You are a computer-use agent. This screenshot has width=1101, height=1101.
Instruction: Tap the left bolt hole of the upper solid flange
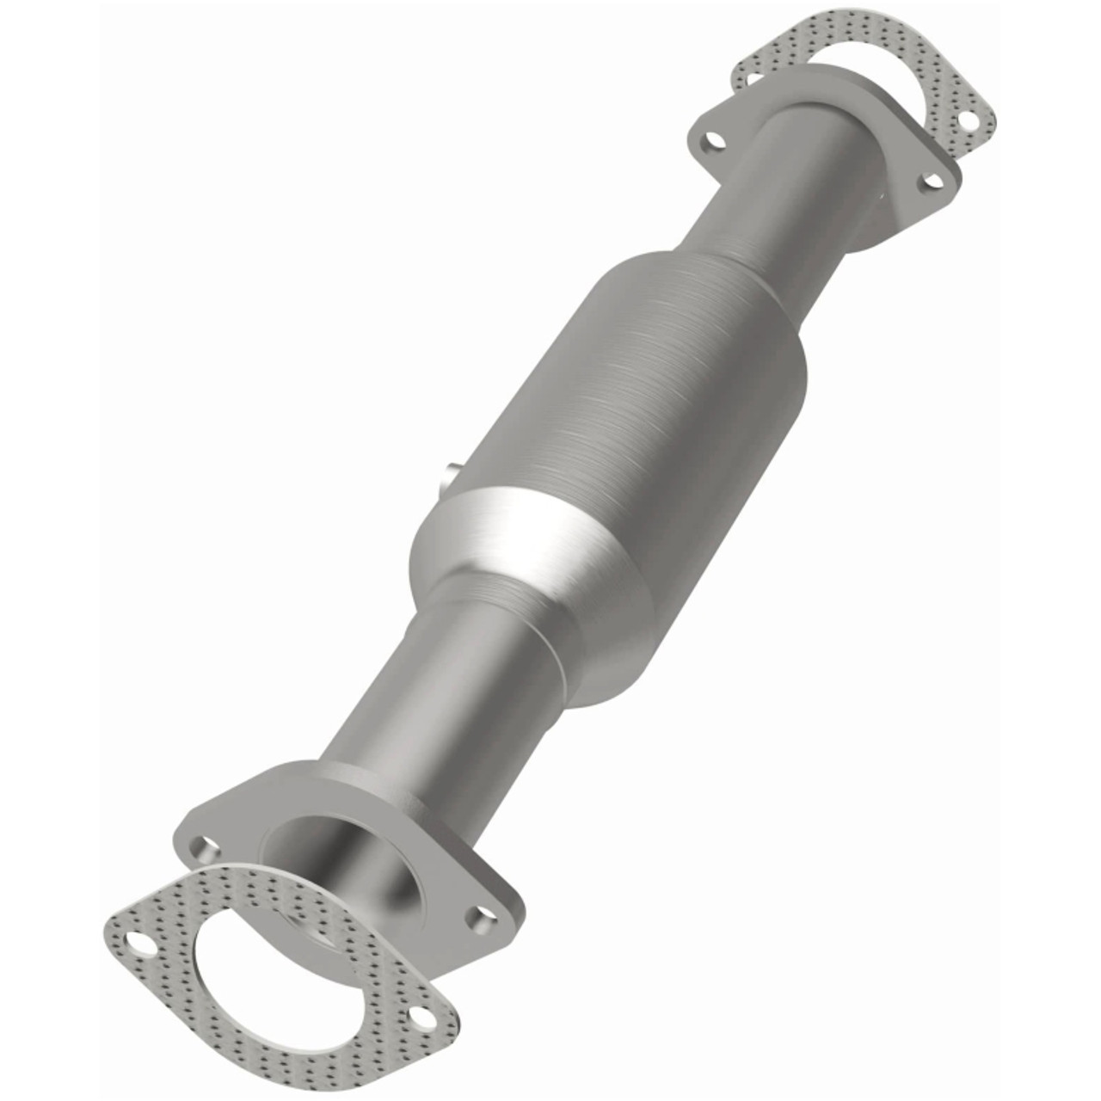(x=711, y=139)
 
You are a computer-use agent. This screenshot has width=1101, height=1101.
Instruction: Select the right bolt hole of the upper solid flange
(x=929, y=181)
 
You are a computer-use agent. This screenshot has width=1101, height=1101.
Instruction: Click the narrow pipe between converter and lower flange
(x=430, y=688)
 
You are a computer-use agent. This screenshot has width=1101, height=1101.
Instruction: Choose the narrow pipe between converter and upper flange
(x=774, y=198)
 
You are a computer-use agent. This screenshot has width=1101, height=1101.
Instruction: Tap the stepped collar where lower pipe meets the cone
(x=482, y=594)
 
